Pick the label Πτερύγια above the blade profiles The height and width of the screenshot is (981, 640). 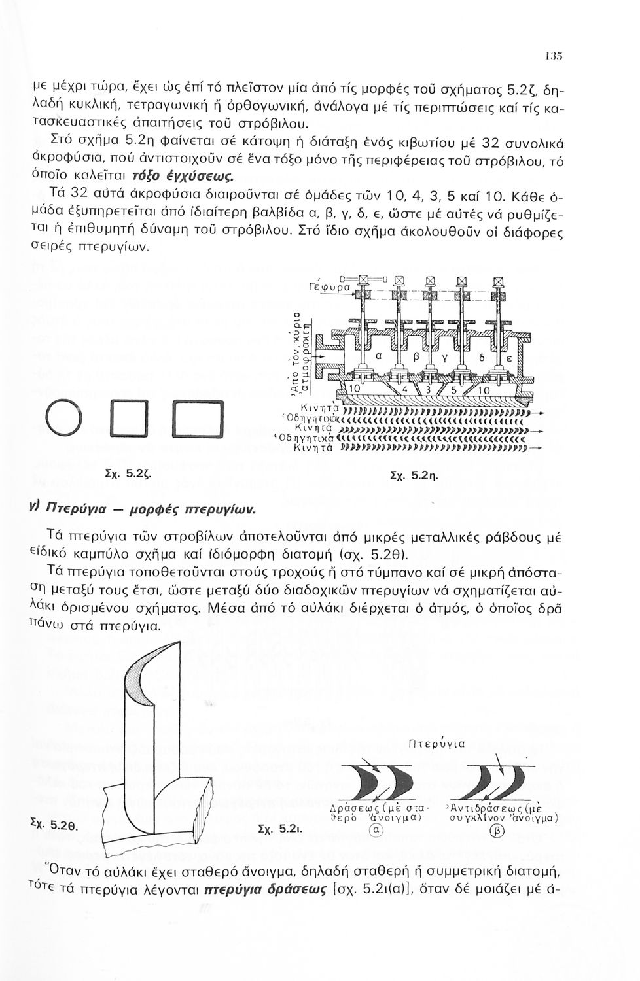(x=436, y=744)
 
